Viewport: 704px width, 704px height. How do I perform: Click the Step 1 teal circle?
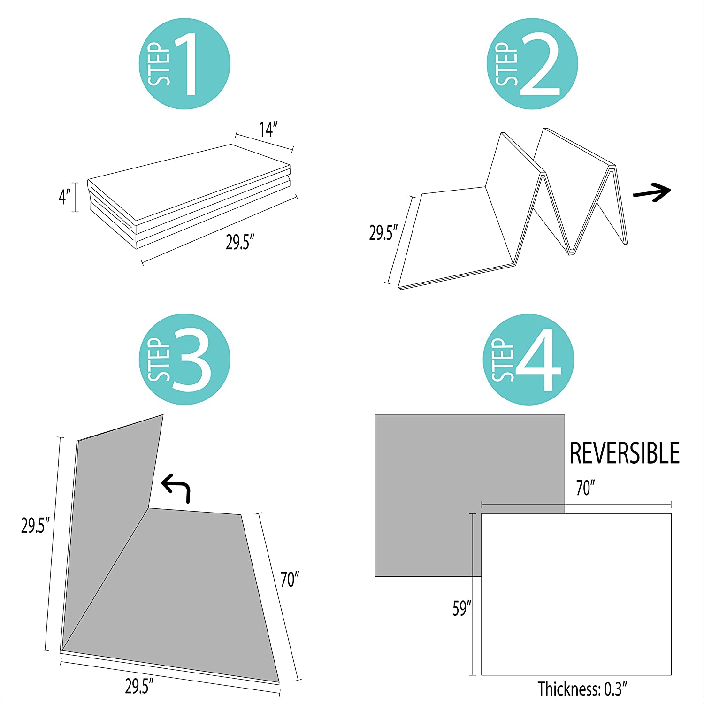coord(184,64)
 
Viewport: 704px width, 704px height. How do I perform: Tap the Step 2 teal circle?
coord(532,64)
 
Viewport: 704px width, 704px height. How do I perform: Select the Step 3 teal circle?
coord(184,359)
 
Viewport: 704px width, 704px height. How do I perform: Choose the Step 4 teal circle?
coord(528,359)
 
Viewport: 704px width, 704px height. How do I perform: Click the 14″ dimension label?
coord(268,130)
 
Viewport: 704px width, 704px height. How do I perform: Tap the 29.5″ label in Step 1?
coord(240,243)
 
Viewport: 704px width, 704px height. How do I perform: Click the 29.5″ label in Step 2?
coord(383,233)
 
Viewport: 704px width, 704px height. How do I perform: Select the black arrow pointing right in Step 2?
coord(652,191)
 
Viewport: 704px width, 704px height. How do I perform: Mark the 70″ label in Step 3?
coord(290,580)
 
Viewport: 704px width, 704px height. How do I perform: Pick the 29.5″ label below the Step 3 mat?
coord(139,686)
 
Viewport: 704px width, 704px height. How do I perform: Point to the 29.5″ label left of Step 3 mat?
coord(35,526)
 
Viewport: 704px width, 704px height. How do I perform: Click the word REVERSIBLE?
coord(625,453)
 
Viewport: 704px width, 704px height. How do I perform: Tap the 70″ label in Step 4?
coord(585,489)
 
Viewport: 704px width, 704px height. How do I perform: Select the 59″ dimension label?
coord(462,608)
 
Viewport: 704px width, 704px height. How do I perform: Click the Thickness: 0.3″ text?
coord(582,689)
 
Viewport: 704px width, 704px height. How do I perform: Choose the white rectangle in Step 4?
coord(576,594)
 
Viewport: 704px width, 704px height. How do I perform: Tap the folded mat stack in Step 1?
coord(189,196)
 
